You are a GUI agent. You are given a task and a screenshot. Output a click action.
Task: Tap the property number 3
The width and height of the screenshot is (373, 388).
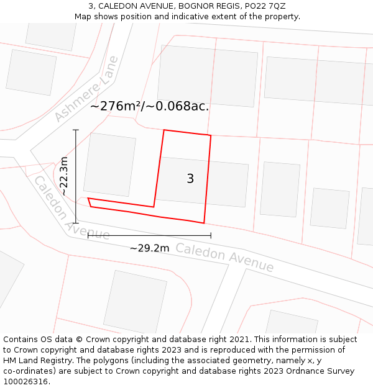(190, 179)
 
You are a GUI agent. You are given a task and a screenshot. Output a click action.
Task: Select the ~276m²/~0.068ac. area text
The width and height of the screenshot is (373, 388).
(149, 106)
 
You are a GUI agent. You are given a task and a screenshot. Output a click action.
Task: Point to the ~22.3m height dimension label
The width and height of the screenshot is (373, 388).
(64, 176)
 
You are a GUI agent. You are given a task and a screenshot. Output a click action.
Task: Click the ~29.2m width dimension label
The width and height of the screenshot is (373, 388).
(149, 248)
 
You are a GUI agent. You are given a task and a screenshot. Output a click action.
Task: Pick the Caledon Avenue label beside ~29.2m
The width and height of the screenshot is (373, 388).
(224, 258)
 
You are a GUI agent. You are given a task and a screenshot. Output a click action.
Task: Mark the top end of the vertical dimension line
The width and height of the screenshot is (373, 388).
(76, 130)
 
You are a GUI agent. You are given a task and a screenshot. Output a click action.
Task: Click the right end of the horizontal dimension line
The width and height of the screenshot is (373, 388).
(211, 235)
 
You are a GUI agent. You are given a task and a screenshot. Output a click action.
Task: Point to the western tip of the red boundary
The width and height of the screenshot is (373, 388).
(88, 199)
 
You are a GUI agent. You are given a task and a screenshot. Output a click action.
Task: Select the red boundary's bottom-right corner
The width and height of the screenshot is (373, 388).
(204, 222)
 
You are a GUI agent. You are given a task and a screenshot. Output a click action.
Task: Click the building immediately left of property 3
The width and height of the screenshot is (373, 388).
(109, 165)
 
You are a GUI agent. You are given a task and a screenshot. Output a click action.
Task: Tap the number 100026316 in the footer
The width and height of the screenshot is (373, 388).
(25, 381)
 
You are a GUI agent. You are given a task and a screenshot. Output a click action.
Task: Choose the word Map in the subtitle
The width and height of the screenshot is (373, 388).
(83, 17)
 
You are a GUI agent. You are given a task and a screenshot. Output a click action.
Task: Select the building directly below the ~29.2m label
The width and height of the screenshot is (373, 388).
(136, 301)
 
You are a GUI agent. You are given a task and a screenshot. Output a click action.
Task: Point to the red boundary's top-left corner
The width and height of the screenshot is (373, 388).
(164, 130)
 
